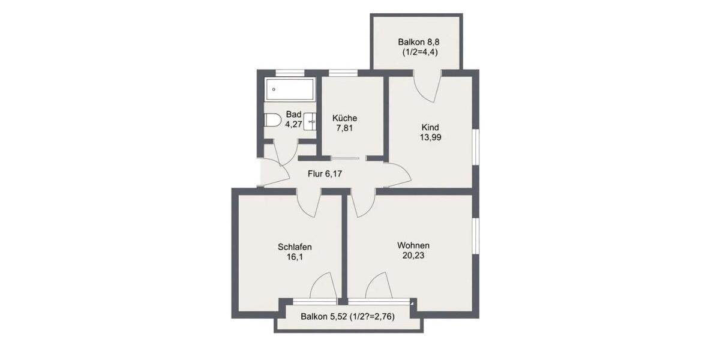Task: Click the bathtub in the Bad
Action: pyautogui.click(x=289, y=90)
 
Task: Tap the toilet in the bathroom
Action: pyautogui.click(x=273, y=120)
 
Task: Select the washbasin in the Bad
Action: pyautogui.click(x=310, y=121)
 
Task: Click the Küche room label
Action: pyautogui.click(x=345, y=118)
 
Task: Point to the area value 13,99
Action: pyautogui.click(x=431, y=137)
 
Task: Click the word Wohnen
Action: pyautogui.click(x=413, y=245)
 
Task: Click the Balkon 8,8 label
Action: pyautogui.click(x=416, y=42)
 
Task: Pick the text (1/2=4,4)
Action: pyautogui.click(x=420, y=53)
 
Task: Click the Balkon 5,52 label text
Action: pyautogui.click(x=323, y=317)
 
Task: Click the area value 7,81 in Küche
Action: pyautogui.click(x=345, y=128)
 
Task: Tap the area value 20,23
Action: pyautogui.click(x=413, y=256)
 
